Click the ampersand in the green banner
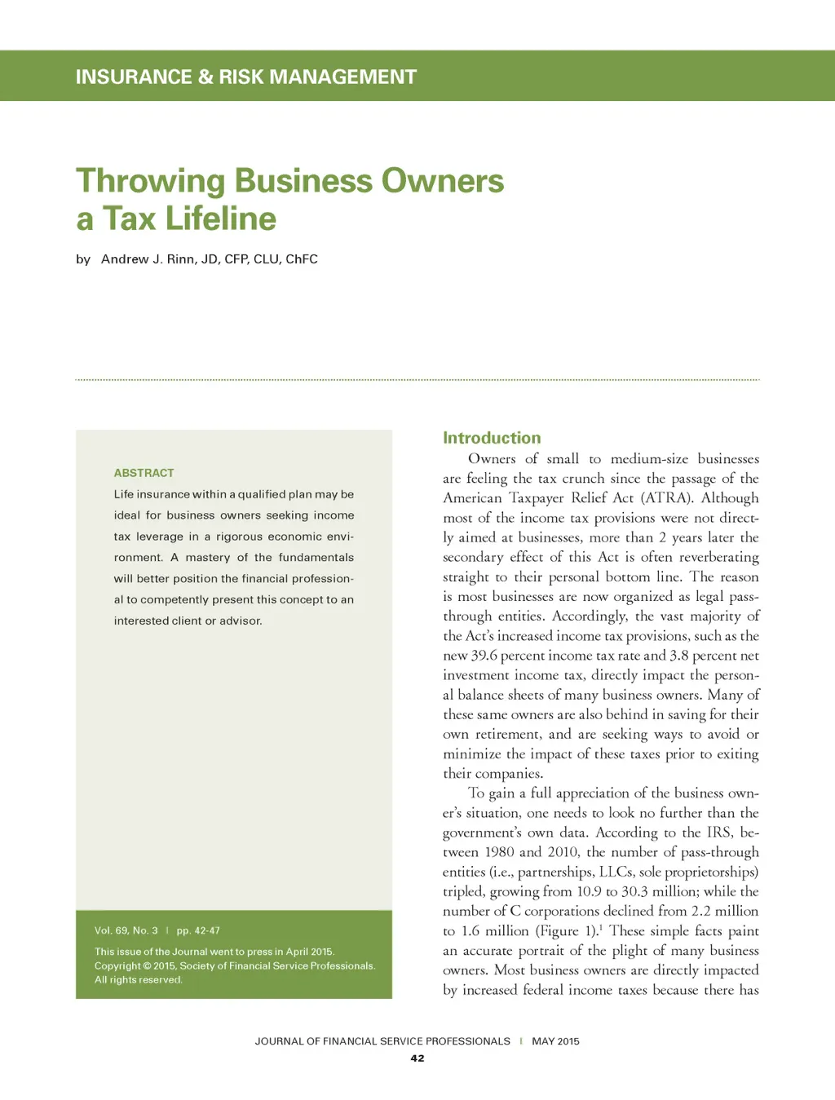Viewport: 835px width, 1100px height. click(x=205, y=77)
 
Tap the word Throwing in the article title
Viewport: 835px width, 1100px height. click(x=150, y=181)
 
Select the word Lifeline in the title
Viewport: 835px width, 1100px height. click(x=221, y=219)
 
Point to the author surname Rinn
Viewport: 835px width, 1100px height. click(x=181, y=259)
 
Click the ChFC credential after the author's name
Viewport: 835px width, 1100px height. click(x=302, y=259)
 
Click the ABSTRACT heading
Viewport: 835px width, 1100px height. click(x=144, y=473)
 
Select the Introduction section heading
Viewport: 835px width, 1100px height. click(x=492, y=438)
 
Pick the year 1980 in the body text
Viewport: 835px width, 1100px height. click(x=499, y=852)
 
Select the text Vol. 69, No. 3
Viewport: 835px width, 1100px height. click(x=126, y=930)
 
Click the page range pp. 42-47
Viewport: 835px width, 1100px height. click(x=198, y=930)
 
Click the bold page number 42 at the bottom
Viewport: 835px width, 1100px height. click(x=417, y=1058)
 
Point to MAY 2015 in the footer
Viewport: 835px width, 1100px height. click(x=555, y=1041)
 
